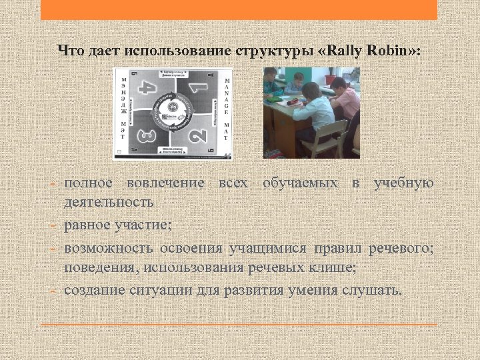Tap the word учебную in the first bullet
coord(403,183)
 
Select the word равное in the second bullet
coord(87,225)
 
